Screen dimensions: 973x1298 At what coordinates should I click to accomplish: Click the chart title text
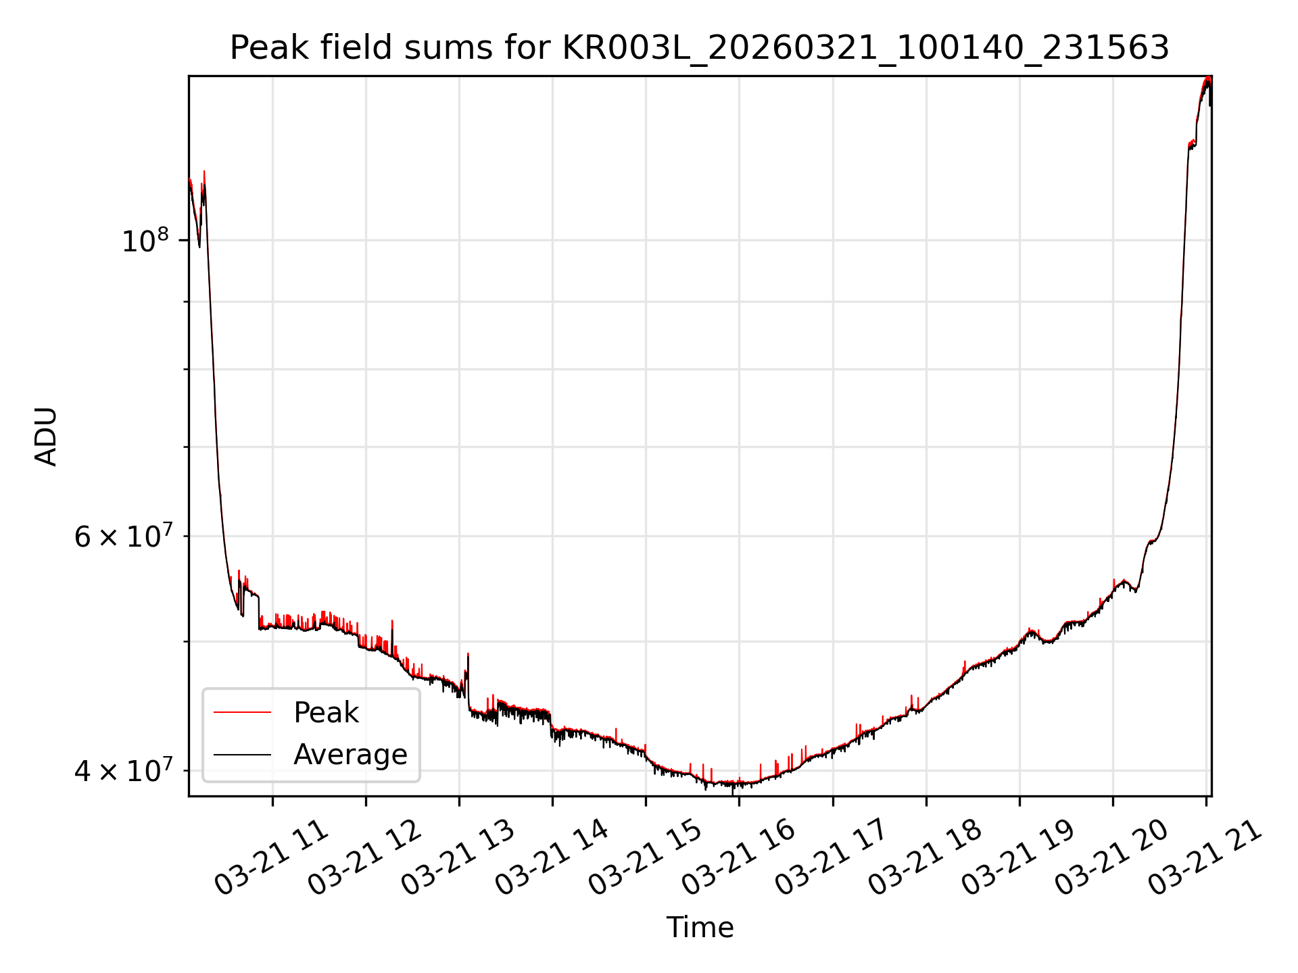click(x=699, y=48)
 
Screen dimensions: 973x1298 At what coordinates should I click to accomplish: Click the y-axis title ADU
click(x=46, y=436)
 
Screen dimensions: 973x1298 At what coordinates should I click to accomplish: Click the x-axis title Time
click(x=700, y=927)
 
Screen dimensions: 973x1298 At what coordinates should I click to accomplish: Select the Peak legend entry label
click(x=326, y=712)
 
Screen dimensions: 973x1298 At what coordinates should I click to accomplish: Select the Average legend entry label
click(x=350, y=754)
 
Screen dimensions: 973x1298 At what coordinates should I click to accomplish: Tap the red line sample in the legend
click(x=242, y=712)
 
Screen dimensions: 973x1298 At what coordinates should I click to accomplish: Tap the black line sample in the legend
click(x=242, y=754)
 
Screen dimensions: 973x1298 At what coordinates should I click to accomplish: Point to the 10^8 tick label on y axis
click(x=145, y=241)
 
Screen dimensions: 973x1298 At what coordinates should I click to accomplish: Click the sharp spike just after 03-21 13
click(x=468, y=655)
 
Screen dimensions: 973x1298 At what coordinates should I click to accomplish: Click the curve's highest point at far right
click(x=1207, y=79)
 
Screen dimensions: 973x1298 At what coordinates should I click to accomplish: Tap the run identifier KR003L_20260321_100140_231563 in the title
click(x=865, y=48)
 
